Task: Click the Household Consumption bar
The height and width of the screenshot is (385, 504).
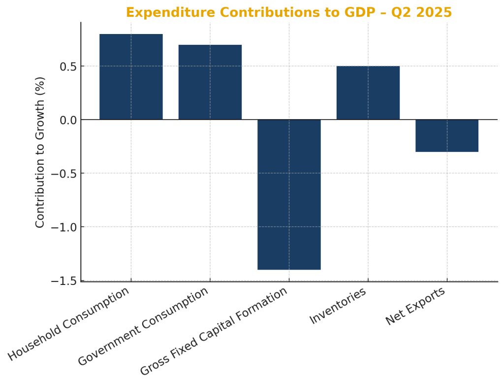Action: pyautogui.click(x=131, y=77)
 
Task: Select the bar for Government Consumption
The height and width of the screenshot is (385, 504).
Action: pyautogui.click(x=210, y=82)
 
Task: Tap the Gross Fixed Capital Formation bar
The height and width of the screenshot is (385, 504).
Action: pyautogui.click(x=289, y=194)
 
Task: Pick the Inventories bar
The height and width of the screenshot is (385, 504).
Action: pyautogui.click(x=368, y=93)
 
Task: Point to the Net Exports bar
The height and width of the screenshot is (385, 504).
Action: pyautogui.click(x=447, y=136)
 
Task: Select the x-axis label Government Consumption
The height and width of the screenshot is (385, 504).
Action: pyautogui.click(x=143, y=327)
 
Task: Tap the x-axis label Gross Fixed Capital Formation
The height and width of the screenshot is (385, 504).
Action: pyautogui.click(x=214, y=332)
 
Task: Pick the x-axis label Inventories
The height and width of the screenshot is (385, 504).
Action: pyautogui.click(x=338, y=306)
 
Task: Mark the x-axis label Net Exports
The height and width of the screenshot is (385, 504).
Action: pyautogui.click(x=415, y=306)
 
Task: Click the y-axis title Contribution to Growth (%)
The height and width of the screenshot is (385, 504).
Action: pyautogui.click(x=40, y=152)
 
